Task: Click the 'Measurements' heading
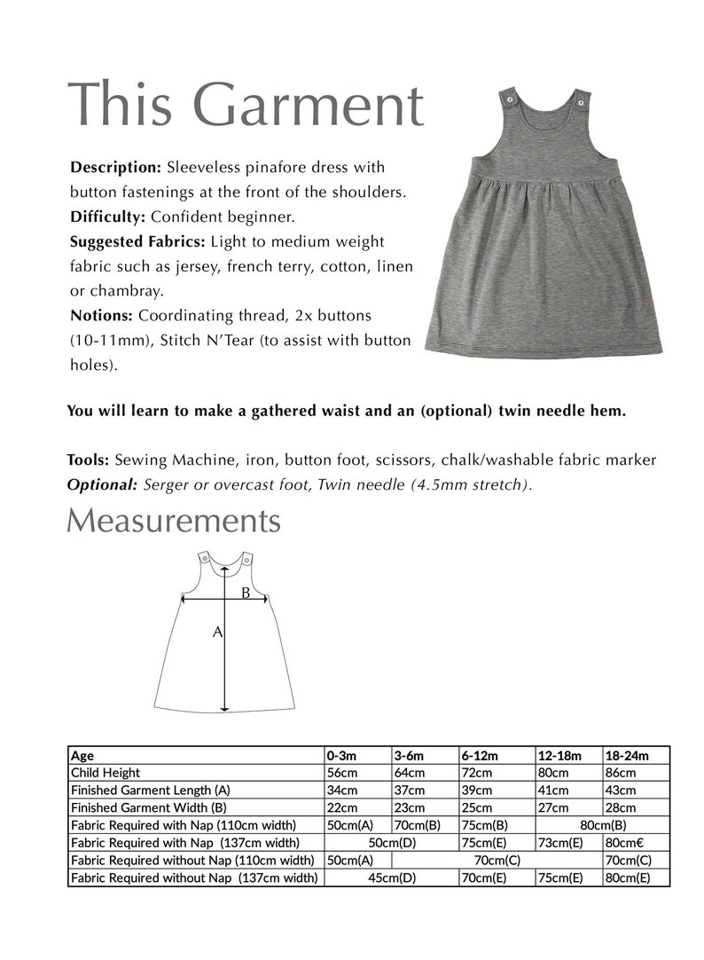point(174,521)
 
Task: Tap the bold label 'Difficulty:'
point(108,216)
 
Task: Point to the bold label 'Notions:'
point(101,315)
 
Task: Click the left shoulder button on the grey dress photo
point(509,99)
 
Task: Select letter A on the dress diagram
point(215,633)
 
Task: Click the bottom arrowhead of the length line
point(225,707)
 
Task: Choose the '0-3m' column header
point(341,756)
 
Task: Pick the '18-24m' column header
point(626,756)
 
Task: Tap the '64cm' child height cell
point(409,773)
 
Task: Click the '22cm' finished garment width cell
point(342,807)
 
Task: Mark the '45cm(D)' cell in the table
point(389,877)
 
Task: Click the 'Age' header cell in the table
point(82,756)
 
